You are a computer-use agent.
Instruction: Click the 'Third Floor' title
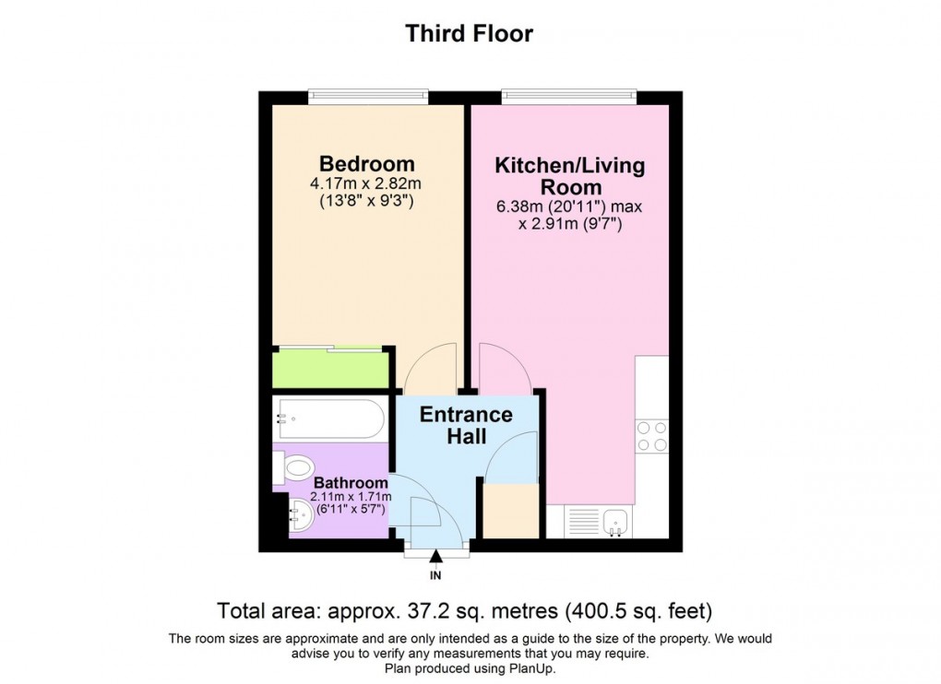click(x=470, y=34)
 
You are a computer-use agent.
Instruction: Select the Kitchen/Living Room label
click(x=569, y=176)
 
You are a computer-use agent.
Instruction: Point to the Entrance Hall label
click(x=466, y=425)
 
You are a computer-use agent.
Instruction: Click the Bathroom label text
click(x=350, y=482)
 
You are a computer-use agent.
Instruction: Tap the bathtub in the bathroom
click(x=328, y=419)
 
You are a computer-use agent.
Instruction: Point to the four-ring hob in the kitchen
click(x=652, y=435)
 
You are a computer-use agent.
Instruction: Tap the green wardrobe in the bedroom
click(x=330, y=370)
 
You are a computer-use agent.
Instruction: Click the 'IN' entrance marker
click(x=436, y=576)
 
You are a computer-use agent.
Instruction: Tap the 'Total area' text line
click(x=465, y=610)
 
